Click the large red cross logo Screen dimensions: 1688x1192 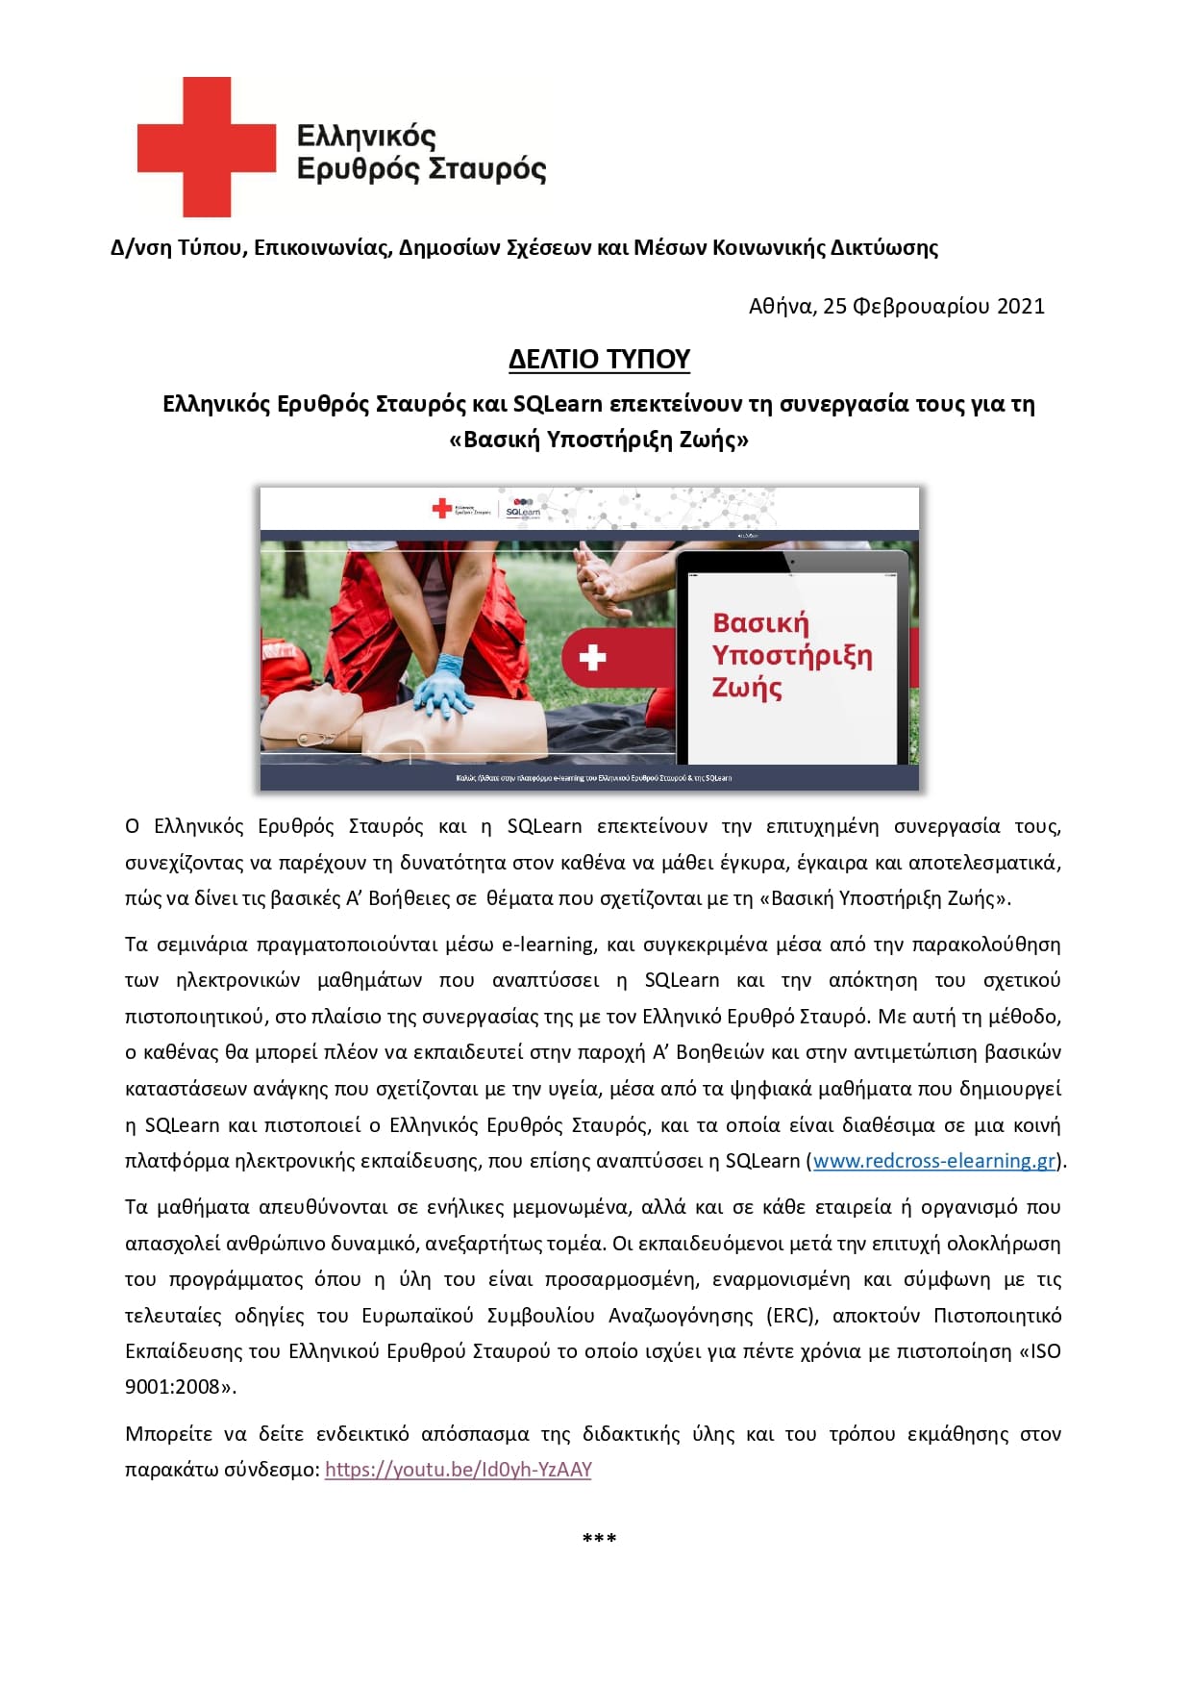point(206,146)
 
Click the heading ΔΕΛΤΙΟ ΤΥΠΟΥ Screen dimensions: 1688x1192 point(599,359)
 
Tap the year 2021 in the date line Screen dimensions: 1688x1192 point(1020,306)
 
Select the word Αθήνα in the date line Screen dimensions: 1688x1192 point(782,306)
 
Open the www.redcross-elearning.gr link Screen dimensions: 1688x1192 point(934,1161)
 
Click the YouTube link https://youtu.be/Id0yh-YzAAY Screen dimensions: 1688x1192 point(458,1470)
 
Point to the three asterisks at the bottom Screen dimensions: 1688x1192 point(599,1539)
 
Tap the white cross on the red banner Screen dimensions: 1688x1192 point(592,658)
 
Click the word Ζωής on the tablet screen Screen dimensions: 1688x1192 point(747,688)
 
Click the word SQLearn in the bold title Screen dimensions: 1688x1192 point(557,404)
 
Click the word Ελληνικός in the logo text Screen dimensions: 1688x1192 point(366,136)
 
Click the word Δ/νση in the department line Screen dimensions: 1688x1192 point(140,248)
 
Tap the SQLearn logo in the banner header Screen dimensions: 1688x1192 point(523,508)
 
